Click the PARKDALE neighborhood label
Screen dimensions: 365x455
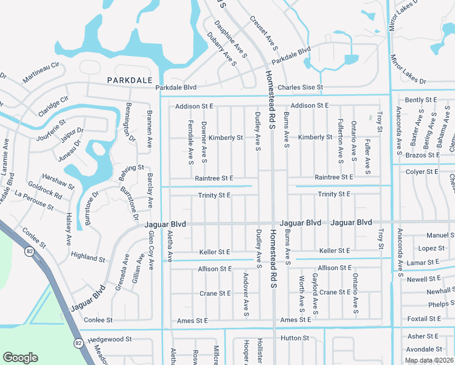(x=128, y=80)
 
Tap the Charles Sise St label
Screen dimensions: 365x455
(x=300, y=88)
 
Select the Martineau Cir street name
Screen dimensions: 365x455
(x=41, y=72)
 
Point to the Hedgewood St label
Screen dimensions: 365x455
(x=109, y=339)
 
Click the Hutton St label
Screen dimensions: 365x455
(x=295, y=338)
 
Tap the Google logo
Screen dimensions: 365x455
(x=20, y=358)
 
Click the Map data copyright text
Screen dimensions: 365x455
(x=429, y=360)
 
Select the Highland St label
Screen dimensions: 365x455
(x=88, y=257)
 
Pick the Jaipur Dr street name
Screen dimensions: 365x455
(x=72, y=134)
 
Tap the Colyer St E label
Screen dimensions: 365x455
(x=423, y=172)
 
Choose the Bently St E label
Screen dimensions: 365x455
(x=421, y=100)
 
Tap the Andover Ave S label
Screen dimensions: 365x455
(x=246, y=295)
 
